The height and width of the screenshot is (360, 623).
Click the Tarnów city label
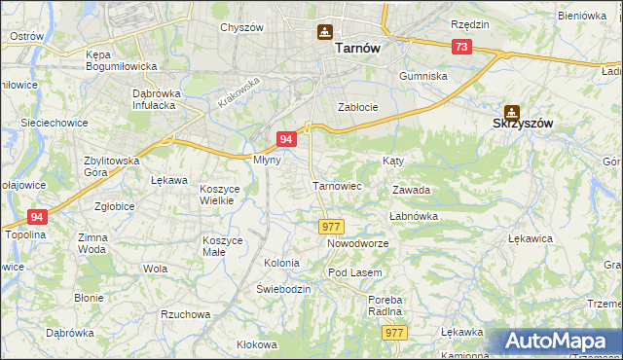[356, 47]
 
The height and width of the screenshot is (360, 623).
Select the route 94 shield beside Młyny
[286, 139]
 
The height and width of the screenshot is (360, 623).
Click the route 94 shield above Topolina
[37, 217]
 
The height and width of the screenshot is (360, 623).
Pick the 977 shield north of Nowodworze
[330, 226]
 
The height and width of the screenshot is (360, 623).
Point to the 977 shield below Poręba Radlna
[394, 333]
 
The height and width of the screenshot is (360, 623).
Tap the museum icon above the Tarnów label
[325, 32]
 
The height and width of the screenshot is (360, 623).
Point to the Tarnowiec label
[337, 185]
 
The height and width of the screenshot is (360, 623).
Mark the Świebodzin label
[283, 290]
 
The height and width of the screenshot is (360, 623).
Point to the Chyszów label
[242, 27]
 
